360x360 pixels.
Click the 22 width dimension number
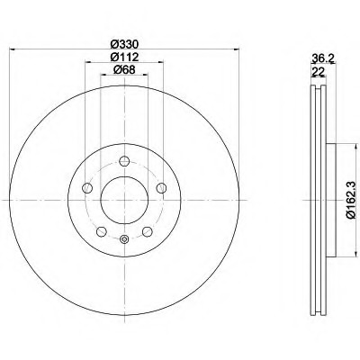point(316,72)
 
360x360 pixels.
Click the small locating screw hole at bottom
point(124,238)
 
